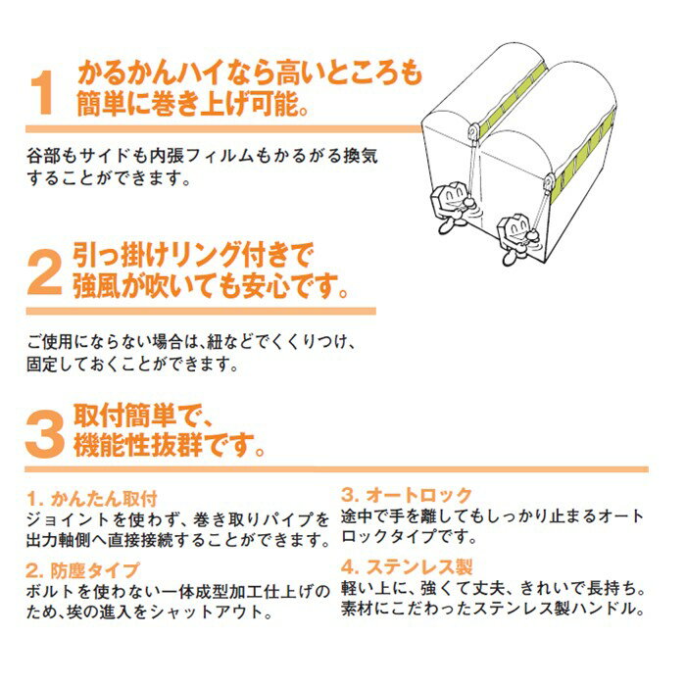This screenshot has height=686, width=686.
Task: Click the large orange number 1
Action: tap(43, 92)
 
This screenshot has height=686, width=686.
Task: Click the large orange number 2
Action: tap(44, 272)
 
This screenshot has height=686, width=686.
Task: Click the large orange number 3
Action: tap(44, 434)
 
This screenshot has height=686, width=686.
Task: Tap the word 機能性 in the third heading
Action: tap(111, 445)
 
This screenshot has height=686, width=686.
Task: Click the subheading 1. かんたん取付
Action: tap(91, 498)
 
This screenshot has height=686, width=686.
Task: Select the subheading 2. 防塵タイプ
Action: tap(81, 570)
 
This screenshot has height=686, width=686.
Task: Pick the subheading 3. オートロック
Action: tap(407, 495)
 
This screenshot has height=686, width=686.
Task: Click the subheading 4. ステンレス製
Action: tap(407, 567)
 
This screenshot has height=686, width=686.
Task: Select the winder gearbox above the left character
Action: tap(473, 130)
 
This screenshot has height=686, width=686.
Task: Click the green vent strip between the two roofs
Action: tap(514, 96)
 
